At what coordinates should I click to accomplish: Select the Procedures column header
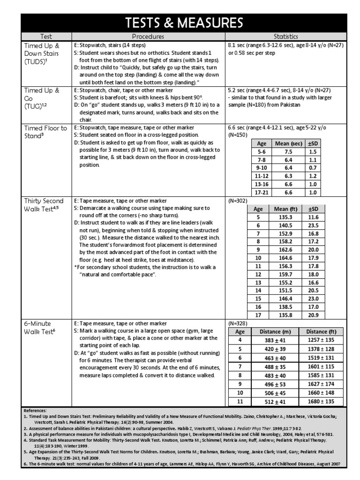[148, 37]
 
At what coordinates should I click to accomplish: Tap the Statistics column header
[286, 37]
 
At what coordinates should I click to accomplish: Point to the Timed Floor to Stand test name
[45, 132]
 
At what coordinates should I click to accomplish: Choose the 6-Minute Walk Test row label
[40, 327]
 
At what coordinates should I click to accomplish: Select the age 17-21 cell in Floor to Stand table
[261, 192]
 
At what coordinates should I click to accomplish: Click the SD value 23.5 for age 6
[313, 225]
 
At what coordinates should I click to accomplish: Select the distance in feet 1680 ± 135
[321, 401]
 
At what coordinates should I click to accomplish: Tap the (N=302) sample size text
[238, 201]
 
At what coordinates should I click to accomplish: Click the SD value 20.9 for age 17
[313, 315]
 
